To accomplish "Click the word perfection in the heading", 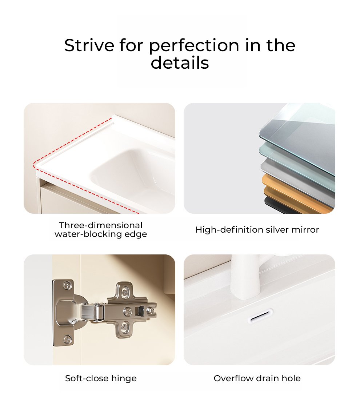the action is click(x=194, y=46).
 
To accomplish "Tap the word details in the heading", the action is click(x=180, y=63).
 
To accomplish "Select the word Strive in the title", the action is click(x=89, y=45).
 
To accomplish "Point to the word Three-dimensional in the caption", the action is click(x=101, y=225).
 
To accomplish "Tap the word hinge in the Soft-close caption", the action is click(x=124, y=378).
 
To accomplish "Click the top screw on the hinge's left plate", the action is click(x=68, y=285).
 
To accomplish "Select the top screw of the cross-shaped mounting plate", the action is click(x=126, y=291).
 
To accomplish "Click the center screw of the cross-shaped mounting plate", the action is click(x=127, y=311).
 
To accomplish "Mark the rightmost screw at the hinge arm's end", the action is click(x=151, y=311).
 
